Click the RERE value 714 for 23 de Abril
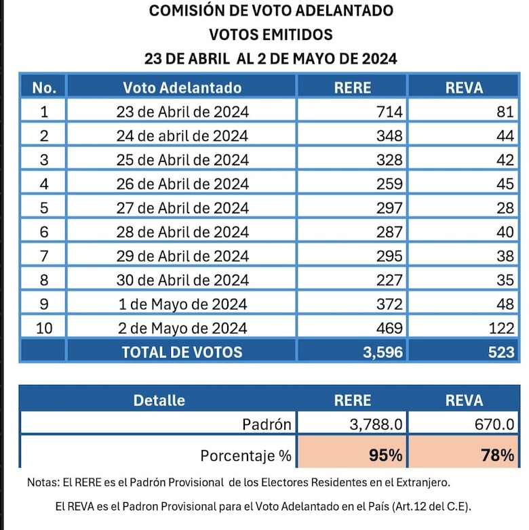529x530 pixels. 389,112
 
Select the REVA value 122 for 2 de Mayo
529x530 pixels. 501,329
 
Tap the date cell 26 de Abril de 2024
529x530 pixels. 182,184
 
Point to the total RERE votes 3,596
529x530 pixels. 383,352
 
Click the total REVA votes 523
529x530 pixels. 501,352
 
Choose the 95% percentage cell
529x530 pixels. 385,455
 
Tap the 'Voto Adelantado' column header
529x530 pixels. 182,87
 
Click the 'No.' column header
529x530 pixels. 44,87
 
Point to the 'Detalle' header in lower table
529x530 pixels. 159,400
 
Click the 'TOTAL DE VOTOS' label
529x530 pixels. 182,352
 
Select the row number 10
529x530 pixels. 44,329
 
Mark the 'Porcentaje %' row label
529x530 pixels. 246,455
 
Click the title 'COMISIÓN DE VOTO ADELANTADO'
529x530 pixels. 271,11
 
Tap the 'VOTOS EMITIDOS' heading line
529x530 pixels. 271,35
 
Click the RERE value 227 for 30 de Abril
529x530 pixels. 389,280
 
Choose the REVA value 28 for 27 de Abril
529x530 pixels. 505,208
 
